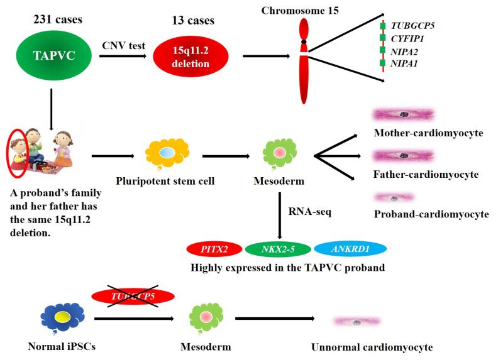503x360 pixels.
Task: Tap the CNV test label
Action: [x=124, y=45]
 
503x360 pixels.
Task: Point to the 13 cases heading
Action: [x=191, y=19]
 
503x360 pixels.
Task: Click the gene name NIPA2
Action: [x=406, y=51]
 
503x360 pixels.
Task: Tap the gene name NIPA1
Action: [x=406, y=63]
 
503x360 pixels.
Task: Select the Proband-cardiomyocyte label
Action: [x=431, y=214]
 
